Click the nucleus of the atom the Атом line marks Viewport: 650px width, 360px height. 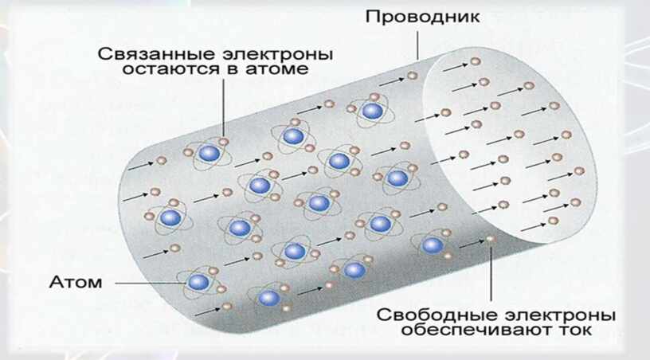pos(198,281)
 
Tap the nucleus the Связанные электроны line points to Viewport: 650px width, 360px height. pos(209,153)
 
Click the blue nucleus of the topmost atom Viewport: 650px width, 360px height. pos(370,110)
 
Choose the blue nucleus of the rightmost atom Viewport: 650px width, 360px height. pos(432,245)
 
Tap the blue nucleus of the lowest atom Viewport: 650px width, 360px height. pos(269,298)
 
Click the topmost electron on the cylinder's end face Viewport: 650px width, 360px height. pos(476,61)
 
